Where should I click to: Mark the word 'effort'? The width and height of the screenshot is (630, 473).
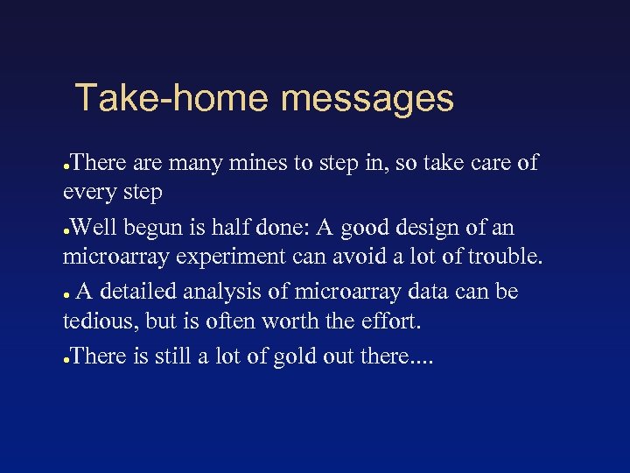[x=390, y=321]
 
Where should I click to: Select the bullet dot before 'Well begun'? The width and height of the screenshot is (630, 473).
[x=67, y=230]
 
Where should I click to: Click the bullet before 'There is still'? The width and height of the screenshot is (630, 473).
[x=67, y=357]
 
